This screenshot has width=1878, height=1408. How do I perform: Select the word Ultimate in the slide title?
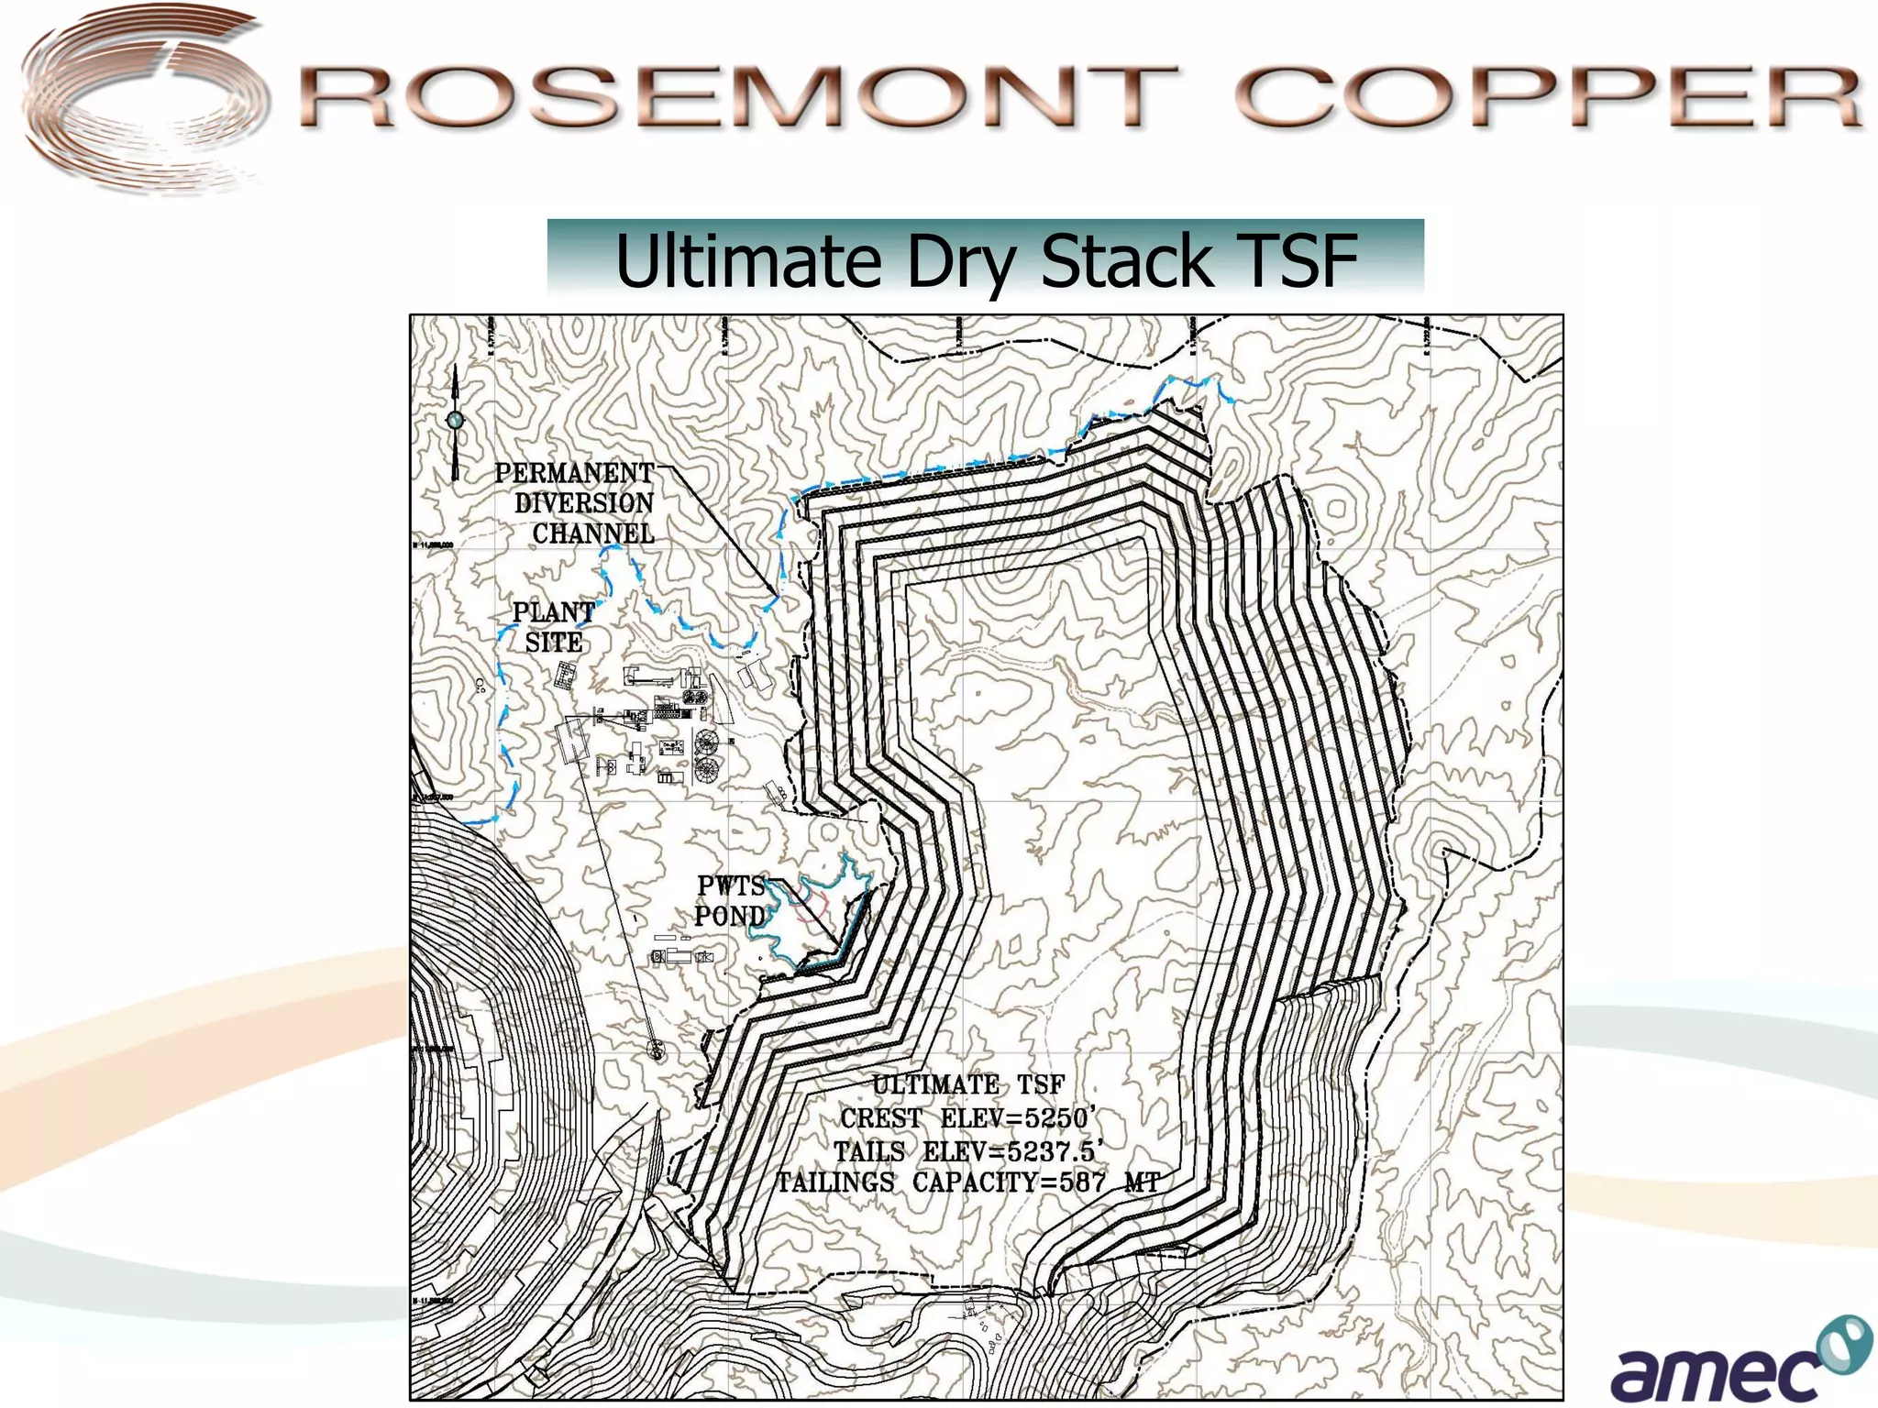[x=747, y=260]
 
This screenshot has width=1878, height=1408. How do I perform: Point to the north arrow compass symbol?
[x=455, y=421]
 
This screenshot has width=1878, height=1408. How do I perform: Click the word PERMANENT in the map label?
[x=574, y=473]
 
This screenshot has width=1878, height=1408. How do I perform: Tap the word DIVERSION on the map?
[x=584, y=503]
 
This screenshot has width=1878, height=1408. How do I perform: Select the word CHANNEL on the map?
[x=593, y=533]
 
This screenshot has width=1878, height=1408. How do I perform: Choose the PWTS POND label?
[x=730, y=900]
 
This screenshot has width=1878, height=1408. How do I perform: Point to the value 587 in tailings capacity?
[x=1082, y=1182]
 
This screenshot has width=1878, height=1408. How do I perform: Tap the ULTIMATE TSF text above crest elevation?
[x=967, y=1085]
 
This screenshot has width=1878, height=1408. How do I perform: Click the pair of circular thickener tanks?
[x=706, y=755]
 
